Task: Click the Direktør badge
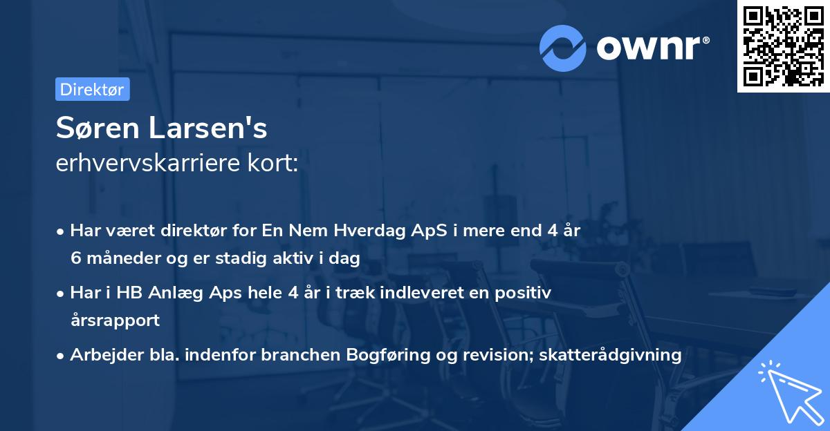(92, 89)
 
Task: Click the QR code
(783, 46)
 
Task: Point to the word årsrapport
(115, 320)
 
